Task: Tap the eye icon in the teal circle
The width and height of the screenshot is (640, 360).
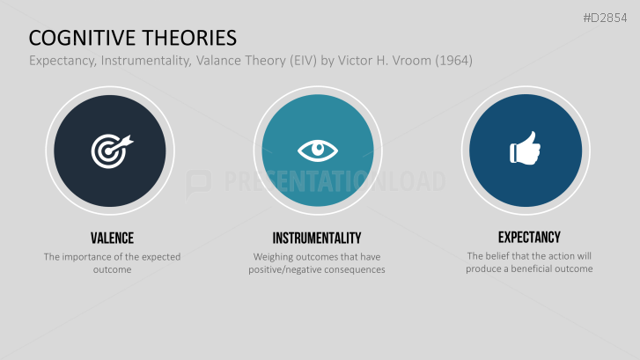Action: pyautogui.click(x=318, y=151)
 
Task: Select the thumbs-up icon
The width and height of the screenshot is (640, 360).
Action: pyautogui.click(x=525, y=151)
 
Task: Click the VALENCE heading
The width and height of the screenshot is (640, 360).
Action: pyautogui.click(x=112, y=238)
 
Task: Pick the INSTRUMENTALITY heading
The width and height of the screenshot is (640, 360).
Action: pyautogui.click(x=317, y=238)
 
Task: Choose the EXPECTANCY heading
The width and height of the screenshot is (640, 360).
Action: pyautogui.click(x=528, y=237)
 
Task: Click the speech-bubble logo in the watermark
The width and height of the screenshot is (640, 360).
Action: pyautogui.click(x=199, y=182)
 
